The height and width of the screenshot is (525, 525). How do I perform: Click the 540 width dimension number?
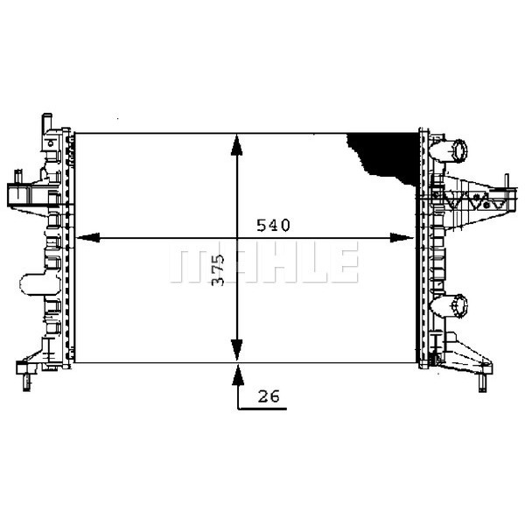pos(272,226)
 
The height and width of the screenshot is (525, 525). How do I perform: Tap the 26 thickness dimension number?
pos(269,396)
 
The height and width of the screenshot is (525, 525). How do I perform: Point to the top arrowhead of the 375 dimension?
pos(236,145)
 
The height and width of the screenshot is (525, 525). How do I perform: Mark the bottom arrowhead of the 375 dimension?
pos(236,349)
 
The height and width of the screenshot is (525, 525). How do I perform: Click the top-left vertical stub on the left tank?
pos(46,122)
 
